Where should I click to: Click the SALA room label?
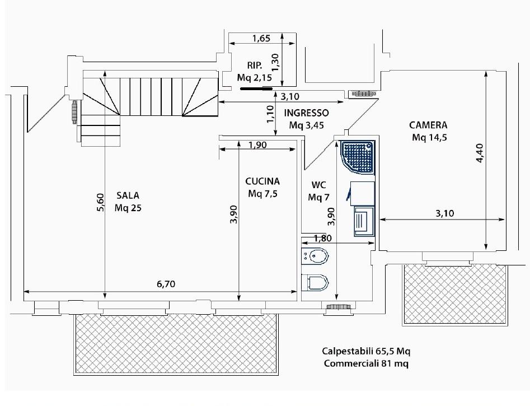(128, 195)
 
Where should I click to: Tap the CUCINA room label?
(262, 181)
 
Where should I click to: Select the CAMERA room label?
(428, 125)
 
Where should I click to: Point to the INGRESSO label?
(306, 113)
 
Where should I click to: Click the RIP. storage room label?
(255, 66)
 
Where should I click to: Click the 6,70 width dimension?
(166, 284)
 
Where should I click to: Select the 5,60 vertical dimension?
(101, 202)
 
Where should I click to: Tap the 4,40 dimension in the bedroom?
(480, 153)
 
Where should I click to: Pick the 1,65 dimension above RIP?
(261, 38)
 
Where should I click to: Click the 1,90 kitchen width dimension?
(257, 145)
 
